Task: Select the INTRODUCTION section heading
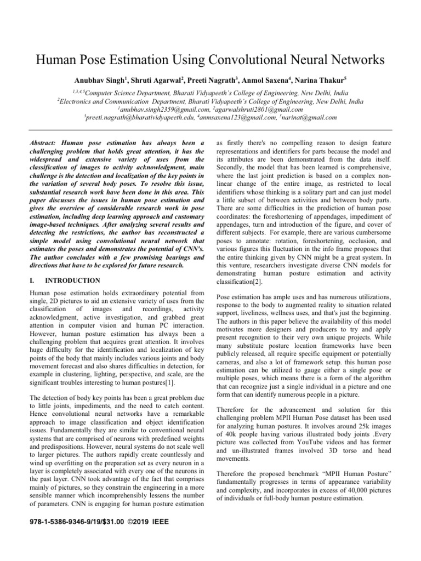point(73,280)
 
